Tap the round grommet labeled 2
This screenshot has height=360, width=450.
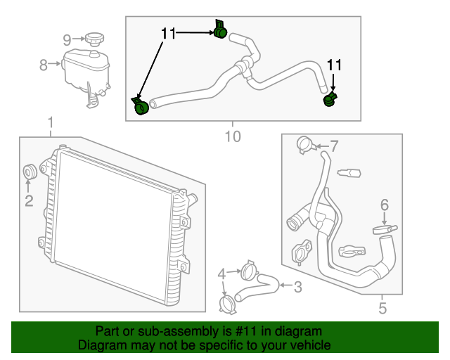point(30,171)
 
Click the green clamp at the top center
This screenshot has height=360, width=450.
point(219,30)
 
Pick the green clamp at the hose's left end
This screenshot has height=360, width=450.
point(141,106)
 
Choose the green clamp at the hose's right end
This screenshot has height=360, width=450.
point(329,101)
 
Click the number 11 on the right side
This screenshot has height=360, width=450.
point(333,65)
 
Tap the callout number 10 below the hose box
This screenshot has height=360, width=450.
point(232,135)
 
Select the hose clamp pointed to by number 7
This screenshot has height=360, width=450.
point(304,144)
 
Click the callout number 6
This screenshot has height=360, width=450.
point(384,205)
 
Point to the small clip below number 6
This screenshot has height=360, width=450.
point(385,229)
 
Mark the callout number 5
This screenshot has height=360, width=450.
point(382,307)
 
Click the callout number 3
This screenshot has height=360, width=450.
point(297,286)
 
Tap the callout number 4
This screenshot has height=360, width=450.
point(221,274)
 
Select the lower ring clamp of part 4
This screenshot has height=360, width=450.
point(227,304)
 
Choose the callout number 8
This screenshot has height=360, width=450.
point(44,65)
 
